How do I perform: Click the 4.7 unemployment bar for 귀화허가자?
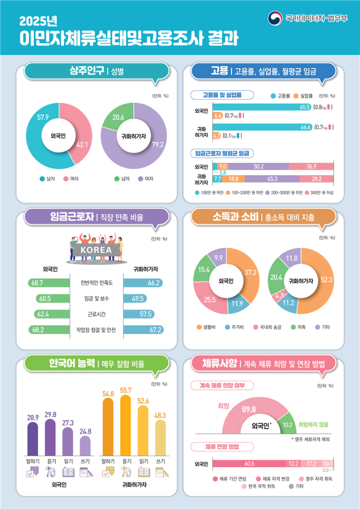pos(217,135)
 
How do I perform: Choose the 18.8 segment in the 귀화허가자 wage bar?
pos(234,178)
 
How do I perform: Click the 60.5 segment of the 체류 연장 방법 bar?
pos(248,463)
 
